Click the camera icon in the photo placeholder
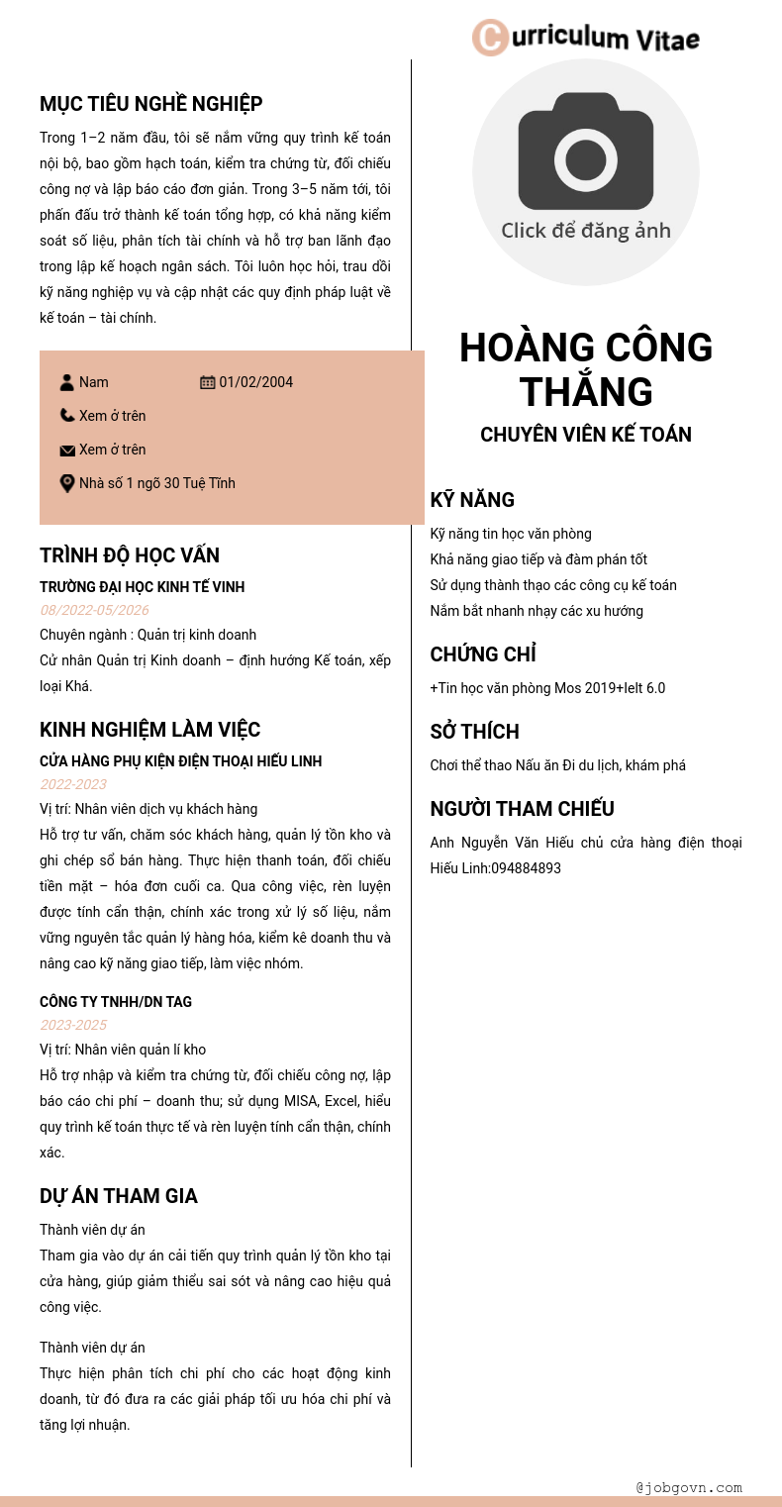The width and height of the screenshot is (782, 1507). pyautogui.click(x=585, y=151)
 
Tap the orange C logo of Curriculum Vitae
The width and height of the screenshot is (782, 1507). pyautogui.click(x=490, y=38)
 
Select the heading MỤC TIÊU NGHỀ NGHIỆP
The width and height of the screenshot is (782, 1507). pyautogui.click(x=150, y=104)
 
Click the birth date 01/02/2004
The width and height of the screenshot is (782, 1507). pyautogui.click(x=256, y=382)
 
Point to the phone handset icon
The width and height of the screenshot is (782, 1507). pyautogui.click(x=67, y=416)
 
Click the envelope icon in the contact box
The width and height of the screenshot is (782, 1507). pyautogui.click(x=67, y=451)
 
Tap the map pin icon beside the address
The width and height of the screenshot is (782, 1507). pyautogui.click(x=67, y=483)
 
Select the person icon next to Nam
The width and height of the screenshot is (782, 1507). pyautogui.click(x=67, y=382)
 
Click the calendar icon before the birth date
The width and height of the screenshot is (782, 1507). pyautogui.click(x=208, y=382)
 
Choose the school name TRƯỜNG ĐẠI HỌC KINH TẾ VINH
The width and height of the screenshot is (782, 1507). pyautogui.click(x=142, y=587)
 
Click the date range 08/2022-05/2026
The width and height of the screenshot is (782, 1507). pyautogui.click(x=94, y=610)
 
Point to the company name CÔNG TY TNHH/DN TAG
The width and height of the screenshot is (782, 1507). pyautogui.click(x=116, y=1002)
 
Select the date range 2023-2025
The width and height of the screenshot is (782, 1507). pyautogui.click(x=73, y=1025)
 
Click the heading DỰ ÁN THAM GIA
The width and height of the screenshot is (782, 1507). pyautogui.click(x=119, y=1196)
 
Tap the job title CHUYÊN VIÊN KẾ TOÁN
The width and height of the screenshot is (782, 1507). pyautogui.click(x=586, y=435)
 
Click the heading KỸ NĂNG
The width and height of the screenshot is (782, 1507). pyautogui.click(x=472, y=500)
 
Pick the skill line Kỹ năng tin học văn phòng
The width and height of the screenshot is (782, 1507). pyautogui.click(x=511, y=534)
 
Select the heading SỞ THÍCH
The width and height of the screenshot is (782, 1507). pyautogui.click(x=474, y=732)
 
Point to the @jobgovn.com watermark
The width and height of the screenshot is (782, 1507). pyautogui.click(x=689, y=1487)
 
